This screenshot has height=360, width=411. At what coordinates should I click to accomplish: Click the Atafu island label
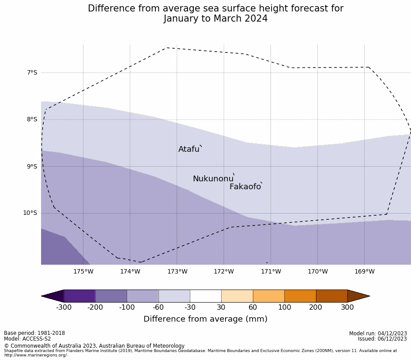pos(189,150)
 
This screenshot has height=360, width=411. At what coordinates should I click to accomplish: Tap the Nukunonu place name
pos(213,179)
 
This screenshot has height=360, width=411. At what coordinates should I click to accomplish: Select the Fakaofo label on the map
pos(245,187)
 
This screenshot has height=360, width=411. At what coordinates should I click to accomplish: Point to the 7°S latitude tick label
pos(32,72)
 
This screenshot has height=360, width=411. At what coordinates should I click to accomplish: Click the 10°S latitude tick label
pos(30,213)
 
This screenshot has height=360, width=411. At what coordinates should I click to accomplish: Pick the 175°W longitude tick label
pos(83,272)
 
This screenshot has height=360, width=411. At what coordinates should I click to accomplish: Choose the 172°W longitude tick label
pos(224,272)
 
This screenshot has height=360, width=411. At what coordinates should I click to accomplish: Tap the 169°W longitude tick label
pos(364,272)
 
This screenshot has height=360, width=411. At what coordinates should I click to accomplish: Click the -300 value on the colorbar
pos(64,307)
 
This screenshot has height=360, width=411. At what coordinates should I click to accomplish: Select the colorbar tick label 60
pos(253,307)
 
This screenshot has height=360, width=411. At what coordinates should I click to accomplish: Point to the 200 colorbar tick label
pos(316,307)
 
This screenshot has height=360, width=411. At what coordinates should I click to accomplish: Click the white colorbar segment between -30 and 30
pos(206,296)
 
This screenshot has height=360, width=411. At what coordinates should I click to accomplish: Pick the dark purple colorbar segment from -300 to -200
pos(79,296)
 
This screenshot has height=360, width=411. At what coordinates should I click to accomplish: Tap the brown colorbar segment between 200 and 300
pos(332,296)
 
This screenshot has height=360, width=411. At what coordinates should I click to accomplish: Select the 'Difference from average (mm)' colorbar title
pos(205,319)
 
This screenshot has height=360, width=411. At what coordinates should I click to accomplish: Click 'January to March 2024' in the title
pos(215,19)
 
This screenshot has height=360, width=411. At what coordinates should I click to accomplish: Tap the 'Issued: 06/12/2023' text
pos(382,339)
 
